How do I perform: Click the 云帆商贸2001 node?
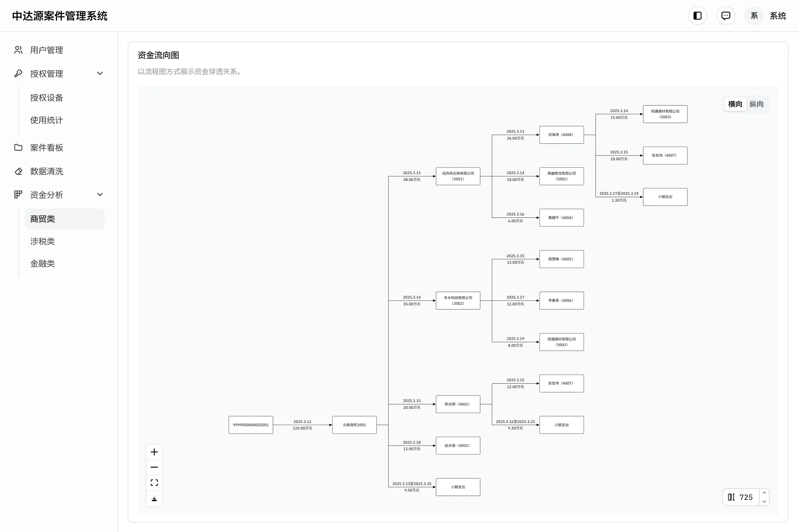pyautogui.click(x=354, y=425)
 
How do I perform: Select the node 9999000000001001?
pyautogui.click(x=251, y=425)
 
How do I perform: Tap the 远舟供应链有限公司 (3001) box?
pyautogui.click(x=458, y=176)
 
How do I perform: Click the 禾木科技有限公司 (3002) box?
pyautogui.click(x=458, y=301)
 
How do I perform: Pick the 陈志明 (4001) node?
pyautogui.click(x=458, y=404)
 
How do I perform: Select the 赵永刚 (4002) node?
pyautogui.click(x=458, y=445)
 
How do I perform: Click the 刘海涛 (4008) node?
pyautogui.click(x=562, y=135)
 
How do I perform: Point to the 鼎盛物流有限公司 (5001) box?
pyautogui.click(x=562, y=176)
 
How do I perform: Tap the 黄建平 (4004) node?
pyautogui.click(x=562, y=218)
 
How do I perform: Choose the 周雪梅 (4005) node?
pyautogui.click(x=562, y=259)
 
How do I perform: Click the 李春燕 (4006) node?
pyautogui.click(x=562, y=301)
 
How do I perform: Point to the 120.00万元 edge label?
pyautogui.click(x=302, y=428)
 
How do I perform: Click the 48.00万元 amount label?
pyautogui.click(x=412, y=179)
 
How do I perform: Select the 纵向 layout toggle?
pyautogui.click(x=757, y=104)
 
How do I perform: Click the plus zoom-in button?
pyautogui.click(x=154, y=452)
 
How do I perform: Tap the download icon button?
pyautogui.click(x=154, y=498)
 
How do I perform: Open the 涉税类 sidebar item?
pyautogui.click(x=42, y=241)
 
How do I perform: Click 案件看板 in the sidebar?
pyautogui.click(x=46, y=147)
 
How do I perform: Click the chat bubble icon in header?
pyautogui.click(x=726, y=16)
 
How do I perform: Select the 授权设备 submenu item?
pyautogui.click(x=46, y=98)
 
